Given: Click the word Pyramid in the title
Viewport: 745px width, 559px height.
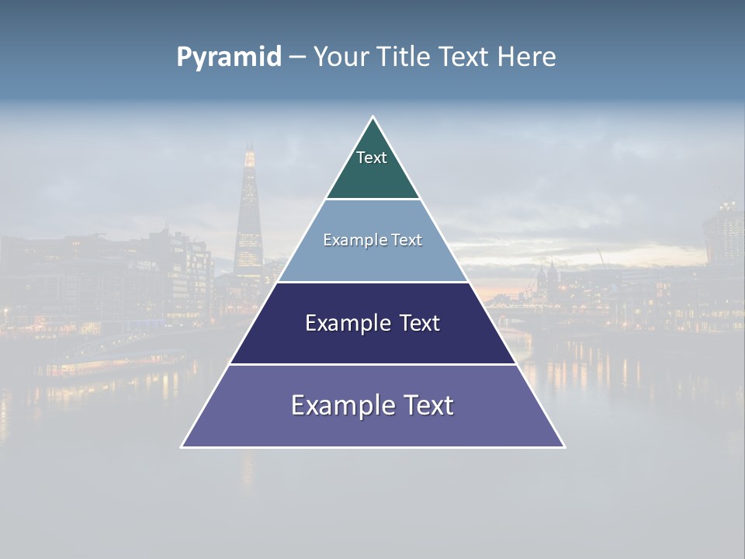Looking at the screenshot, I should click(229, 57).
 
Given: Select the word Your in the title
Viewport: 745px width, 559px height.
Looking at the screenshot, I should click(341, 57).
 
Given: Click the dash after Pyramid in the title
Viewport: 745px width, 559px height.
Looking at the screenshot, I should click(297, 57).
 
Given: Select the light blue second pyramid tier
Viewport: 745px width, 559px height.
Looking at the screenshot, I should click(372, 260).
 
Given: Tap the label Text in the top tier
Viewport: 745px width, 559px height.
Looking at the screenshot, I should click(372, 158).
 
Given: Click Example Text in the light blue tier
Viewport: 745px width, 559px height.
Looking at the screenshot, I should click(372, 240).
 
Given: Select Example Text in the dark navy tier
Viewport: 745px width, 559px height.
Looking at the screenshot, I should click(372, 323).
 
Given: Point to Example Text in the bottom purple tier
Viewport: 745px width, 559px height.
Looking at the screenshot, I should click(372, 405).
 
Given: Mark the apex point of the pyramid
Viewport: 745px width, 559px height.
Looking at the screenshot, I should click(373, 117).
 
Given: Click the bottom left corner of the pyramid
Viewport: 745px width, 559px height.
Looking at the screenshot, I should click(182, 446).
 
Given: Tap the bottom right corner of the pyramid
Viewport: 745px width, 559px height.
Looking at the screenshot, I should click(564, 446).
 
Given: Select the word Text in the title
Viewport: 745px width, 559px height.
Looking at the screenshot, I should click(464, 57).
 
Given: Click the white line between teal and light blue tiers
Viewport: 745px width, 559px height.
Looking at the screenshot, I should click(372, 200).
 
